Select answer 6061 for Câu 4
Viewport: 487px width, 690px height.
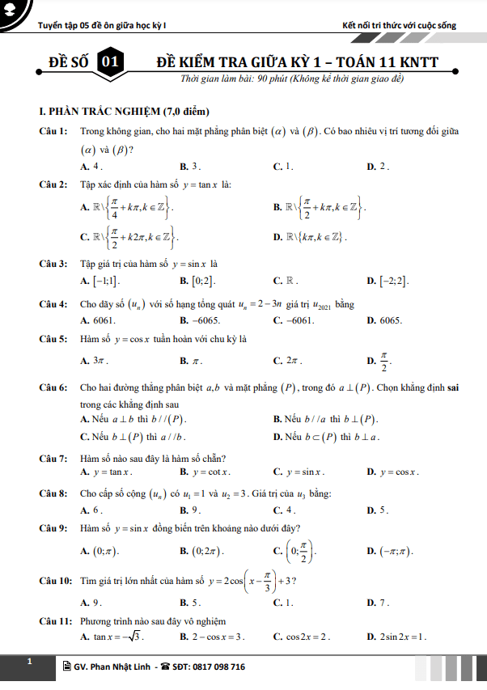pos(97,320)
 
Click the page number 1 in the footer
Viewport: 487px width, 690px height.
pos(29,662)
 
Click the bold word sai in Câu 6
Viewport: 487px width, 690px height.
pos(453,388)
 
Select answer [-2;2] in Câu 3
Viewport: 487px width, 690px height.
pos(394,282)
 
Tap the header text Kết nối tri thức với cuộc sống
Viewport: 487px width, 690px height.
pos(399,25)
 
